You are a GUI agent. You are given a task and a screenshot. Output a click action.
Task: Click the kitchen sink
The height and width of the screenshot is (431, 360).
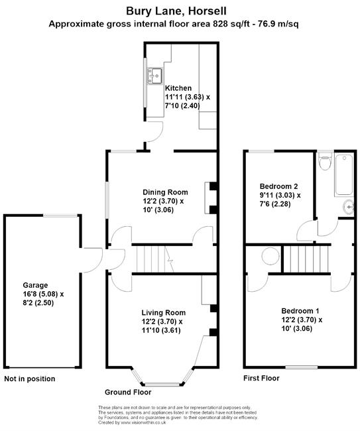[155, 76]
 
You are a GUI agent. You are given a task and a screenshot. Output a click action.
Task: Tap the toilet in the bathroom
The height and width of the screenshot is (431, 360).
[325, 161]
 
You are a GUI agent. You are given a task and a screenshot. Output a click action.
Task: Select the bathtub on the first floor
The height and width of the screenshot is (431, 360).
[344, 175]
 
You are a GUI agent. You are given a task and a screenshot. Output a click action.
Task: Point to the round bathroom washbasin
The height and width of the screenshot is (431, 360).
[349, 207]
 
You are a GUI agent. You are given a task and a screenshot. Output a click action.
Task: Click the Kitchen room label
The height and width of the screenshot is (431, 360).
[178, 88]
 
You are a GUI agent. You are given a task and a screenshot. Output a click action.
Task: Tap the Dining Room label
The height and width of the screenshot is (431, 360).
[165, 192]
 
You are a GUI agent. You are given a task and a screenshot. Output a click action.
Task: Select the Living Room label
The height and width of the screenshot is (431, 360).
[164, 312]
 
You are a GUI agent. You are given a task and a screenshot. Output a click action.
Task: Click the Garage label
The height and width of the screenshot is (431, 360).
[35, 285]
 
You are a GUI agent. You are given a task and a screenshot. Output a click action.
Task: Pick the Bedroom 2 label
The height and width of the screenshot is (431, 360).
[278, 186]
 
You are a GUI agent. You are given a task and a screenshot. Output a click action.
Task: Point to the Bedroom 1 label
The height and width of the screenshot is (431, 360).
[300, 311]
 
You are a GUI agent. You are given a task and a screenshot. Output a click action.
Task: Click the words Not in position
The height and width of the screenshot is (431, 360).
[30, 379]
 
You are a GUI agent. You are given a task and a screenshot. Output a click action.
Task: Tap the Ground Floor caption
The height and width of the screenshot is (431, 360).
[128, 392]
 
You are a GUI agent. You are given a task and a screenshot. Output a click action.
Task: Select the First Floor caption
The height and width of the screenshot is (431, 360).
[261, 378]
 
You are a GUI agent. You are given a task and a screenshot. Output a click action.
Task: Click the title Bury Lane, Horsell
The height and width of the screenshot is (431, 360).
[176, 11]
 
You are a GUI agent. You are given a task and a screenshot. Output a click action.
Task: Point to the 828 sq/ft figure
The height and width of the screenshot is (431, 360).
[232, 24]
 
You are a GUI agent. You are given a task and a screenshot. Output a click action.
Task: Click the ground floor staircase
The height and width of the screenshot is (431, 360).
[155, 259]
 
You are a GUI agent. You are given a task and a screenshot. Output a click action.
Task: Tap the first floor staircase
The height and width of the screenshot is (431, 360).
[306, 259]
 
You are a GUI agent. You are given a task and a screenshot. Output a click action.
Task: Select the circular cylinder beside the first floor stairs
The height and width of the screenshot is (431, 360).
[270, 256]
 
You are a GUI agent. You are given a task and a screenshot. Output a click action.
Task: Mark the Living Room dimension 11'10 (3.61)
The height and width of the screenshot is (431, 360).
[161, 330]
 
